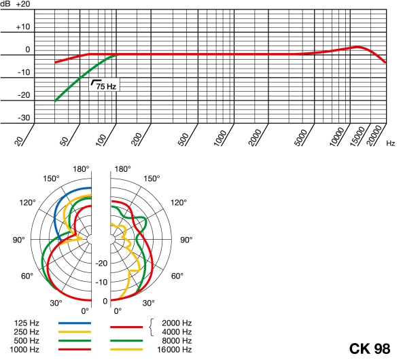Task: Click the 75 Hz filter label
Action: coord(106,86)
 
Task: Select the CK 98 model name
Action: coord(370,348)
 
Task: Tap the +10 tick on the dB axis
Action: coord(23,26)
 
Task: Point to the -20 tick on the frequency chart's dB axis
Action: coord(24,95)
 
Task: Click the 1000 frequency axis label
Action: coord(220,138)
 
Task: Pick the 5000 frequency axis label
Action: coord(300,138)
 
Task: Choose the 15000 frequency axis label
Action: coord(357,137)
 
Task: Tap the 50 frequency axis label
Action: coord(64,141)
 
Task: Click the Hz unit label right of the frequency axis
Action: coord(390,143)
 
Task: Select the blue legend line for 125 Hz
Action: coord(75,323)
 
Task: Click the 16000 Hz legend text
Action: coord(175,349)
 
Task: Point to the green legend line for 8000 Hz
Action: coord(126,341)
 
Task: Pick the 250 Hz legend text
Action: coord(27,331)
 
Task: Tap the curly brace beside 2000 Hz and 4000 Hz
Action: coord(152,327)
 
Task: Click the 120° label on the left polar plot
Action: coord(27,202)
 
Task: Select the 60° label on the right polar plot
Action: coord(177,276)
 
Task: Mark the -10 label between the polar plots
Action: coord(101,282)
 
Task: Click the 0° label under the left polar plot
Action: coord(85,311)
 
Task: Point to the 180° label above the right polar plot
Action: coord(122,169)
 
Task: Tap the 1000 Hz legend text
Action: coord(24,349)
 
